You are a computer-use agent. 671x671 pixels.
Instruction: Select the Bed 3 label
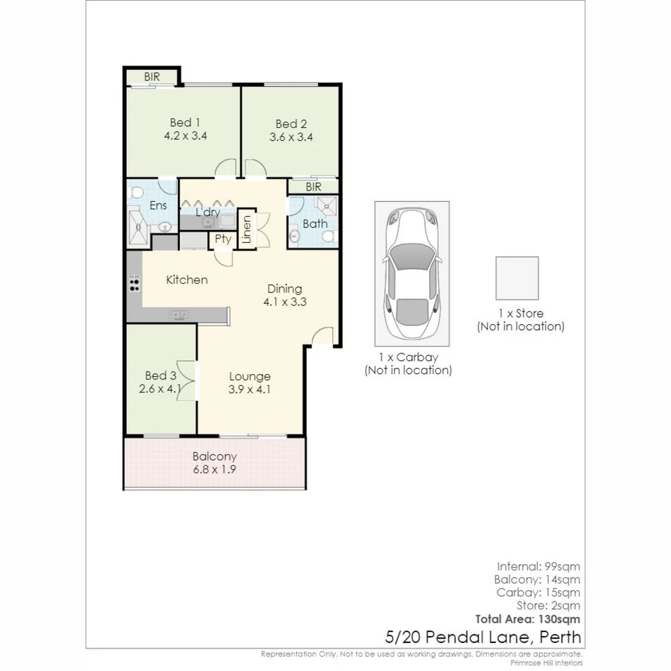tap(161, 376)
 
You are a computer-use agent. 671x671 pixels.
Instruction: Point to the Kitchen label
tap(186, 280)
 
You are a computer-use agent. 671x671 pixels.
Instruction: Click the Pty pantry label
tap(222, 239)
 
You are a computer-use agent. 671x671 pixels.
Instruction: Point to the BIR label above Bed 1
tap(152, 77)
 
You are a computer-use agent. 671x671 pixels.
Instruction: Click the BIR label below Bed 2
tap(313, 186)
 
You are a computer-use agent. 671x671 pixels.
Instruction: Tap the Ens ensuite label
tap(158, 206)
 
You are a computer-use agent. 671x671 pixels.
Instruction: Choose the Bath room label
tap(315, 224)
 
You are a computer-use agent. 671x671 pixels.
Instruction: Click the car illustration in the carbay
tap(411, 273)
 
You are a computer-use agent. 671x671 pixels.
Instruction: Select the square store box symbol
tap(517, 278)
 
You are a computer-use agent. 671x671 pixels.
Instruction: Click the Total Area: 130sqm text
tap(527, 619)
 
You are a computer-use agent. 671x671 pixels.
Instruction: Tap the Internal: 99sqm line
tap(539, 567)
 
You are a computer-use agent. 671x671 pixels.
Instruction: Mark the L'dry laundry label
tap(208, 212)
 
